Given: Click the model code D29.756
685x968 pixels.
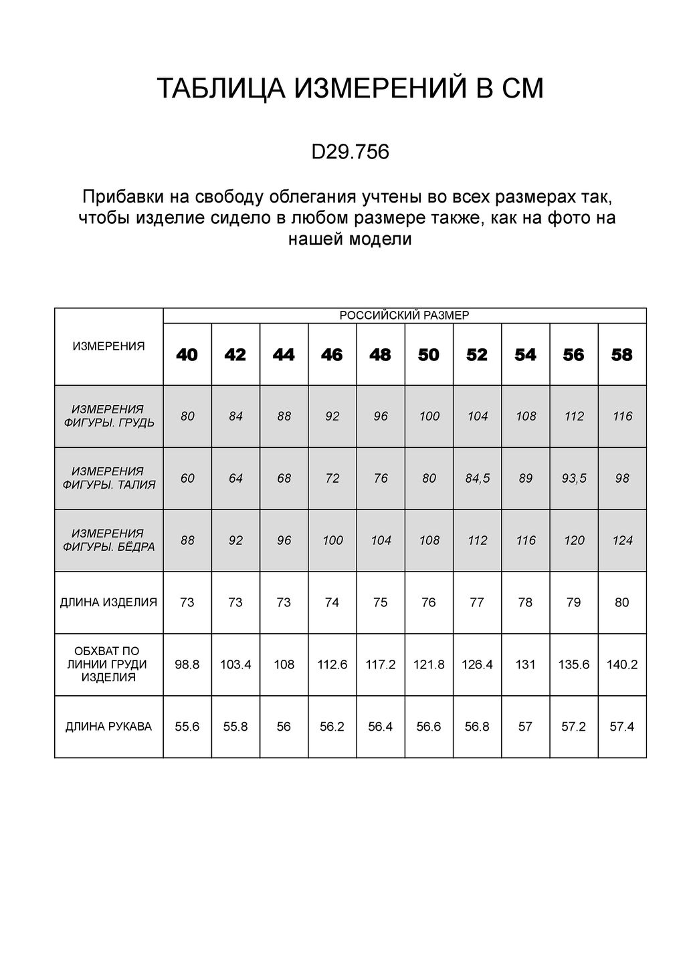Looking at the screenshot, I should [350, 152].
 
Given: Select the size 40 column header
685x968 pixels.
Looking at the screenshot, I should [187, 355].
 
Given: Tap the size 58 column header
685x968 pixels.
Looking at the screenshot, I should [622, 355].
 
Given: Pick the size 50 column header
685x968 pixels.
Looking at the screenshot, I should [429, 355].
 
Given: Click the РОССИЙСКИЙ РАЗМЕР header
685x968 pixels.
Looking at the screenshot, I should [405, 316].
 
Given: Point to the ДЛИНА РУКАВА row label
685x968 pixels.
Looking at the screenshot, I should [108, 727].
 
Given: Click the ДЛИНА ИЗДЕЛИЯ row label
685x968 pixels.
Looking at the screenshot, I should [108, 602].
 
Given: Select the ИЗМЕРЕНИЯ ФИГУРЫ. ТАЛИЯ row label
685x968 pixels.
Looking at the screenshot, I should [108, 478].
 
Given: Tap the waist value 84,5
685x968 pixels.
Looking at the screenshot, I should [477, 478].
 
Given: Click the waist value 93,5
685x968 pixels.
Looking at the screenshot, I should [574, 478].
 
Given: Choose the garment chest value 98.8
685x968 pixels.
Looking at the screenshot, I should [187, 664].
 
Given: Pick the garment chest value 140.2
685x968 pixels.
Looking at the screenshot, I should [622, 664].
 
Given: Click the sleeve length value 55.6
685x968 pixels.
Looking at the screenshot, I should [187, 727].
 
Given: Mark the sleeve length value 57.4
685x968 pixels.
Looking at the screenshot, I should [622, 727].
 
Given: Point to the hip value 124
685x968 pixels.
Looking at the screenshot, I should [622, 540].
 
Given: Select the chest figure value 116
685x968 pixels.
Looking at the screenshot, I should [622, 416].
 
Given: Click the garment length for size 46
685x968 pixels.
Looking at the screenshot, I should [332, 602].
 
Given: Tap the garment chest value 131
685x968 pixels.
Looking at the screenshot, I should [525, 664].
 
